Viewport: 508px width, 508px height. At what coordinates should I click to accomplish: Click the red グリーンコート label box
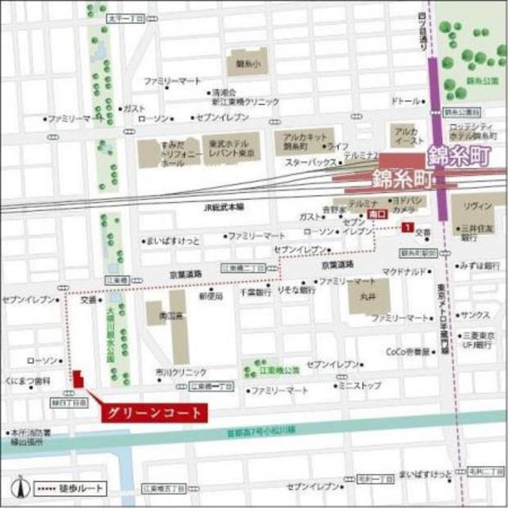[x=153, y=413]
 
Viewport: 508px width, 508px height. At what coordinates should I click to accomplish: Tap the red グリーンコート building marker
[x=77, y=379]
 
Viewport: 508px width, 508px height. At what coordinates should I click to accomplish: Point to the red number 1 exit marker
[x=407, y=228]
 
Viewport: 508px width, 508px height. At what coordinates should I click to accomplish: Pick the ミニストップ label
[x=359, y=385]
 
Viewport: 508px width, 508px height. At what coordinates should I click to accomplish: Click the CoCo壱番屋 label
[x=409, y=351]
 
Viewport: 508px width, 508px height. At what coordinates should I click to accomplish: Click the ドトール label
[x=406, y=102]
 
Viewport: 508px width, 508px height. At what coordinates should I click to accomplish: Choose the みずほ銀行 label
[x=481, y=266]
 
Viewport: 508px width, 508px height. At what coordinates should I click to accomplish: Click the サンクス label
[x=475, y=315]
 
